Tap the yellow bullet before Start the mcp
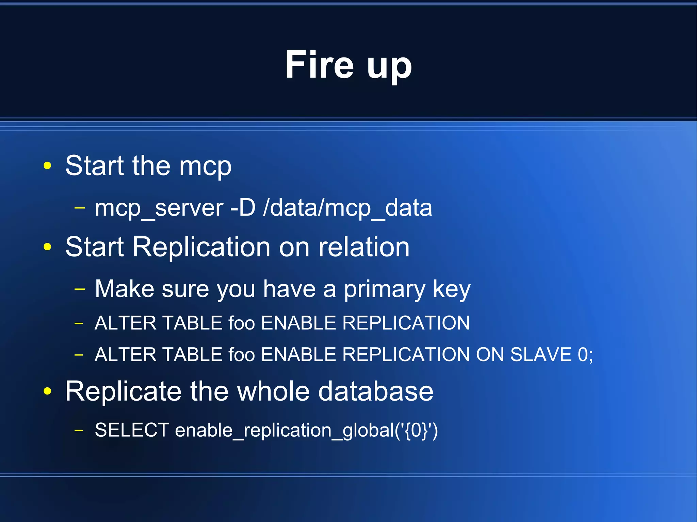tap(47, 166)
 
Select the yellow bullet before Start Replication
tap(47, 247)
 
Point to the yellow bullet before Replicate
tap(47, 391)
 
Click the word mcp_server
tap(159, 208)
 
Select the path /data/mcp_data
tap(347, 208)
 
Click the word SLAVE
tap(541, 355)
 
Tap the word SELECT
tap(132, 430)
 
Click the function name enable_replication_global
tap(284, 431)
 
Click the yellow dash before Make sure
tap(79, 289)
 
